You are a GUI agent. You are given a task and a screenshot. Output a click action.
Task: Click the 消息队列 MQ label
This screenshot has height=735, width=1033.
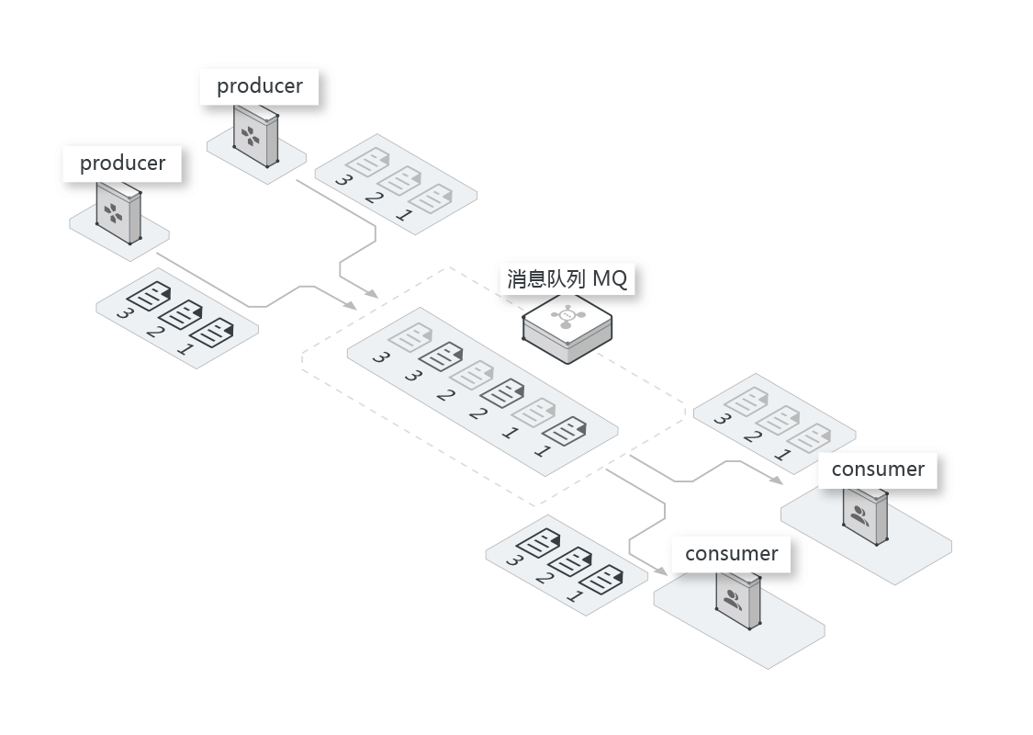567,278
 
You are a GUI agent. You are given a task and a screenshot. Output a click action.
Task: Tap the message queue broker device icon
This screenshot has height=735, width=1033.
567,329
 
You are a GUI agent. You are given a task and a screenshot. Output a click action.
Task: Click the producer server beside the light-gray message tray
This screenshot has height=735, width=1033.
255,136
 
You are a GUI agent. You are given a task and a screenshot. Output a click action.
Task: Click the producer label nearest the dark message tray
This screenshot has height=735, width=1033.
122,164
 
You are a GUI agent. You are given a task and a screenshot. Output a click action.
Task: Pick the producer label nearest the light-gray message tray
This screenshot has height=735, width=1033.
259,86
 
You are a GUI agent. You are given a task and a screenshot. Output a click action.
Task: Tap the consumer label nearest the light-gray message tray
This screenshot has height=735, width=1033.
878,469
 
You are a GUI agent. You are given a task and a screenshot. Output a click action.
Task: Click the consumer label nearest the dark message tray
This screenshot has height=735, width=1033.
731,554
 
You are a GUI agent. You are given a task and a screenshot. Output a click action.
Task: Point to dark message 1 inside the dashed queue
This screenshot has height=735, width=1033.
565,430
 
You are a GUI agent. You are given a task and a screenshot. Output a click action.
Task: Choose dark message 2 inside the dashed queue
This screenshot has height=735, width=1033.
502,392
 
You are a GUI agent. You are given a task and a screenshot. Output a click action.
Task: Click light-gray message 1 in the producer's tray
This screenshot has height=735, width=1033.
430,198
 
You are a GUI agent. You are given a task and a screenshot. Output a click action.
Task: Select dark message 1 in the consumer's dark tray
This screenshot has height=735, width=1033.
601,580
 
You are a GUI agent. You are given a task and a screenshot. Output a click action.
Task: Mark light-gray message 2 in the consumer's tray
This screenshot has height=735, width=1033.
777,420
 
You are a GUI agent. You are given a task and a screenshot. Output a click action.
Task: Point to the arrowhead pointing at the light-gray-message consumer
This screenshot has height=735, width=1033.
777,480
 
